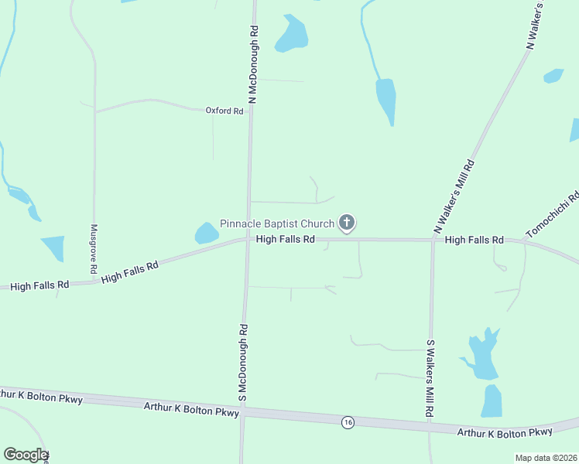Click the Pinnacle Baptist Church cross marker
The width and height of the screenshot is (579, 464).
point(348,224)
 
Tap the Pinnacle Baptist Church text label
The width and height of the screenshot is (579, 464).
point(277,223)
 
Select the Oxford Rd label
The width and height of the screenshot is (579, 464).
point(224,111)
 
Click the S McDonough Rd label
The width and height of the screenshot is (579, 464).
point(243,362)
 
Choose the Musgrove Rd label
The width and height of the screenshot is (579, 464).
point(93,249)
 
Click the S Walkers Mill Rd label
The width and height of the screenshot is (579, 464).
point(431,378)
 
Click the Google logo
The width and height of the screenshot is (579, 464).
point(25,455)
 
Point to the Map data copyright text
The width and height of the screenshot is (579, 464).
point(546,458)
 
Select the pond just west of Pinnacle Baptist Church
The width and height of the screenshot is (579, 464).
point(206,233)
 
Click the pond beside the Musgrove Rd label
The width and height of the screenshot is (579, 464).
point(53,248)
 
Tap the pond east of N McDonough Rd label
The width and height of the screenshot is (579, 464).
point(292,35)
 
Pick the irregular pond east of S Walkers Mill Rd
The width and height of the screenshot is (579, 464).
point(481,356)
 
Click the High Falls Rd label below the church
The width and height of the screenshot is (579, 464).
point(285,240)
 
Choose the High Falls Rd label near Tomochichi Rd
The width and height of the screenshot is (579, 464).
point(475,241)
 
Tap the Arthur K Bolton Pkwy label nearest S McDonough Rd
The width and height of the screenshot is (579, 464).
point(192,408)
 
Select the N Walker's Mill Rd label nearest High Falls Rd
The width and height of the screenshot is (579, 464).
point(454,197)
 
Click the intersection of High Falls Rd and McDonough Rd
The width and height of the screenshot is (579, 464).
point(248,239)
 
